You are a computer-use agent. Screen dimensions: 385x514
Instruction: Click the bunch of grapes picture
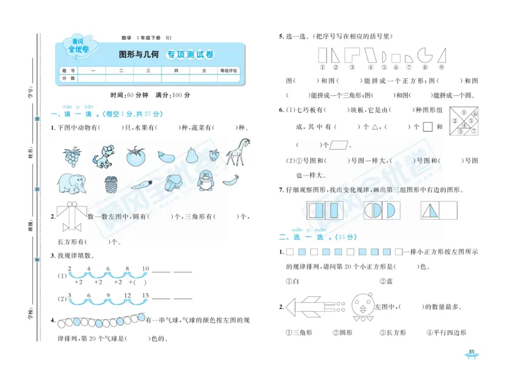(x=71, y=155)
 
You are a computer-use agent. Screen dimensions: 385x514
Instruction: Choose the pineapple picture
(x=111, y=185)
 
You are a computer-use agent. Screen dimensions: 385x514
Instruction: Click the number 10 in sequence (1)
(x=145, y=268)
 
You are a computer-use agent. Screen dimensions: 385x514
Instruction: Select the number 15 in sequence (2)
(x=145, y=295)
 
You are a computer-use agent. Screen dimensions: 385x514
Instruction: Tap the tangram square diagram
(x=464, y=120)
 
